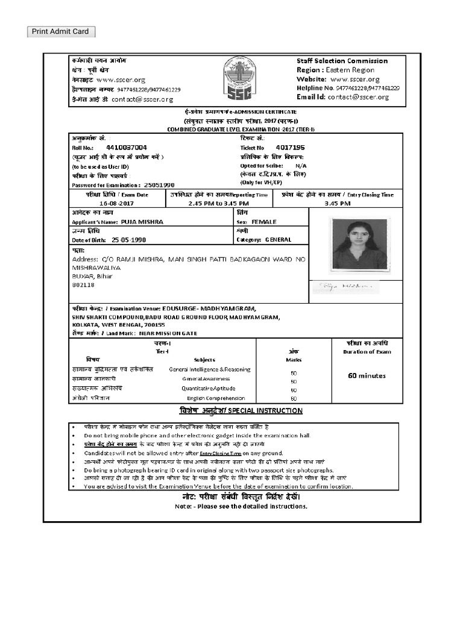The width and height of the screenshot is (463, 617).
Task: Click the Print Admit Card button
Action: pyautogui.click(x=60, y=32)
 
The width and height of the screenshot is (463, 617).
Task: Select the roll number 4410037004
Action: pyautogui.click(x=126, y=147)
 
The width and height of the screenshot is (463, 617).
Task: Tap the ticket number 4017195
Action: pyautogui.click(x=290, y=147)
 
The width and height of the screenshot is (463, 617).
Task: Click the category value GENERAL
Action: pyautogui.click(x=278, y=239)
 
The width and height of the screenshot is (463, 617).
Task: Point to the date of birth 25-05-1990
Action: pyautogui.click(x=128, y=239)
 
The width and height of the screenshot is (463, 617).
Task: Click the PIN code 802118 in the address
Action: pyautogui.click(x=83, y=284)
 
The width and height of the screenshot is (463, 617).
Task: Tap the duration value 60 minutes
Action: pyautogui.click(x=367, y=376)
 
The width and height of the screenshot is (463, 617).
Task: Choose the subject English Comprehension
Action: pyautogui.click(x=215, y=398)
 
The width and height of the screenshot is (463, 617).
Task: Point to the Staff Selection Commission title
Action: pyautogui.click(x=342, y=61)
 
